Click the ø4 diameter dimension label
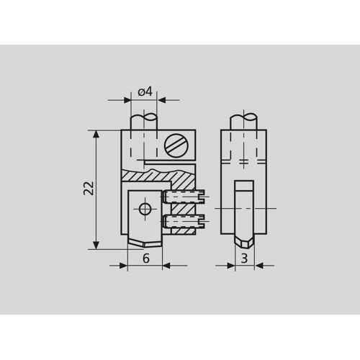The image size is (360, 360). pyautogui.click(x=145, y=91)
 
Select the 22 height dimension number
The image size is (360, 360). pyautogui.click(x=89, y=188)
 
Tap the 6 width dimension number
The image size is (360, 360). pyautogui.click(x=146, y=258)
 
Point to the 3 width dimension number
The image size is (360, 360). pyautogui.click(x=244, y=258)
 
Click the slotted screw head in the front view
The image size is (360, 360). pyautogui.click(x=176, y=145)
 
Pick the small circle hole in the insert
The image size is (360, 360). pyautogui.click(x=145, y=209)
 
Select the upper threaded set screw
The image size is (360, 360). pyautogui.click(x=184, y=197)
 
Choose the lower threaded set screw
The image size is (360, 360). pyautogui.click(x=184, y=221)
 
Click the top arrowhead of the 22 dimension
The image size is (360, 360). pyautogui.click(x=96, y=135)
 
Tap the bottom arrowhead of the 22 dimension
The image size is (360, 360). pyautogui.click(x=96, y=245)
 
